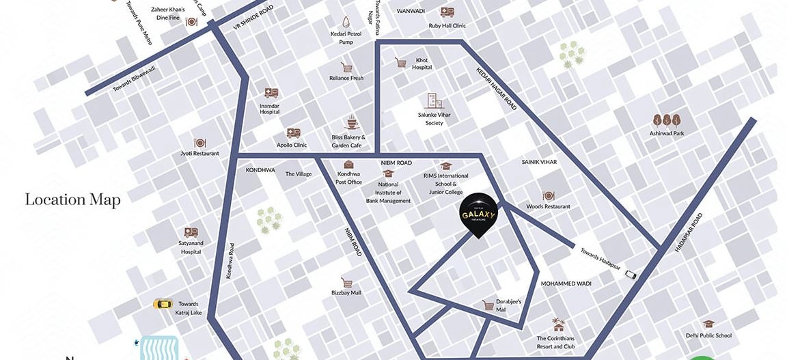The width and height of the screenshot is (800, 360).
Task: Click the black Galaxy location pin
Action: [478, 214]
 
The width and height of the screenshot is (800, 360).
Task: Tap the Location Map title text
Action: [72, 199]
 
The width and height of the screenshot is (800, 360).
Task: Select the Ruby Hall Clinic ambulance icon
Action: [447, 12]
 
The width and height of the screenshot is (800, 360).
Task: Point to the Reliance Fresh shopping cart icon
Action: [346, 68]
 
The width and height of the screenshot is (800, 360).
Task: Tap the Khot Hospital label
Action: [422, 64]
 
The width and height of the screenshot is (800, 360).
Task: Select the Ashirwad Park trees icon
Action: [666, 122]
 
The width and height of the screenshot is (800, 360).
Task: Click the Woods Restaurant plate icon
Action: [548, 196]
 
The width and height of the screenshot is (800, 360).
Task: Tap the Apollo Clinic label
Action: [292, 145]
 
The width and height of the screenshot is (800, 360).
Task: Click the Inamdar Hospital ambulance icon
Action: [271, 94]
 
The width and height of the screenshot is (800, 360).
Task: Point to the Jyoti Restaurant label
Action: [199, 154]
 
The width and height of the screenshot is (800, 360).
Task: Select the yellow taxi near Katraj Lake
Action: [162, 304]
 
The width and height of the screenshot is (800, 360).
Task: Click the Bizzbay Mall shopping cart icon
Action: [346, 282]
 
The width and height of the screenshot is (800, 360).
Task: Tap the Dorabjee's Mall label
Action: [509, 305]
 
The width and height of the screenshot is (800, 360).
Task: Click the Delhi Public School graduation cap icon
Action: [708, 324]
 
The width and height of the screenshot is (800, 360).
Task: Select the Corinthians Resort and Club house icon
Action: [559, 325]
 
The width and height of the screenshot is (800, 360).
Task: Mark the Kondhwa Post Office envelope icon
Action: [348, 165]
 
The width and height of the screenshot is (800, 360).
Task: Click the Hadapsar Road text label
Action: [688, 233]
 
